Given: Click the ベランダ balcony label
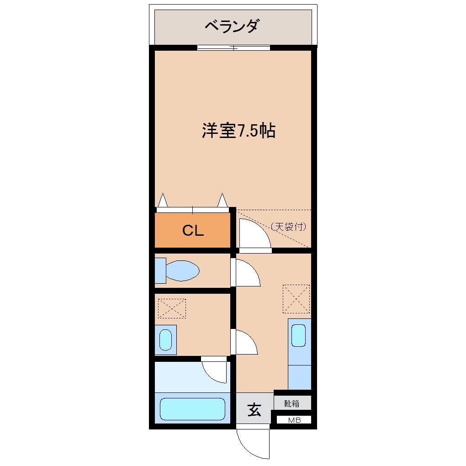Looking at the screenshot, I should point(232,26).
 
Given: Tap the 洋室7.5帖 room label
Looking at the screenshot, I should point(238,131).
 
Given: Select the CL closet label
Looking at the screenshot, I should point(193,230).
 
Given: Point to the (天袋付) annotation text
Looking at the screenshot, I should point(288,226).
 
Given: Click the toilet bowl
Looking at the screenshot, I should point(182,271).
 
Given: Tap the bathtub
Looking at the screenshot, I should point(192,409).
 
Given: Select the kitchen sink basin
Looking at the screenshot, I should point(299,336).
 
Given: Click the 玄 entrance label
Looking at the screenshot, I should point(254,410).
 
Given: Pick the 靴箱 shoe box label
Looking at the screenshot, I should point(292,403).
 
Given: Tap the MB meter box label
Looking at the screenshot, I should point(294,420).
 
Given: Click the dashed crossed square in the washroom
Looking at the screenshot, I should point(172,308).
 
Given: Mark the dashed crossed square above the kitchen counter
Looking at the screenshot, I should point(296,299).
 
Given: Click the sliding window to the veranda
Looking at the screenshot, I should point(233,48).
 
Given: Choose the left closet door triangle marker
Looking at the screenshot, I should point(163,201).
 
